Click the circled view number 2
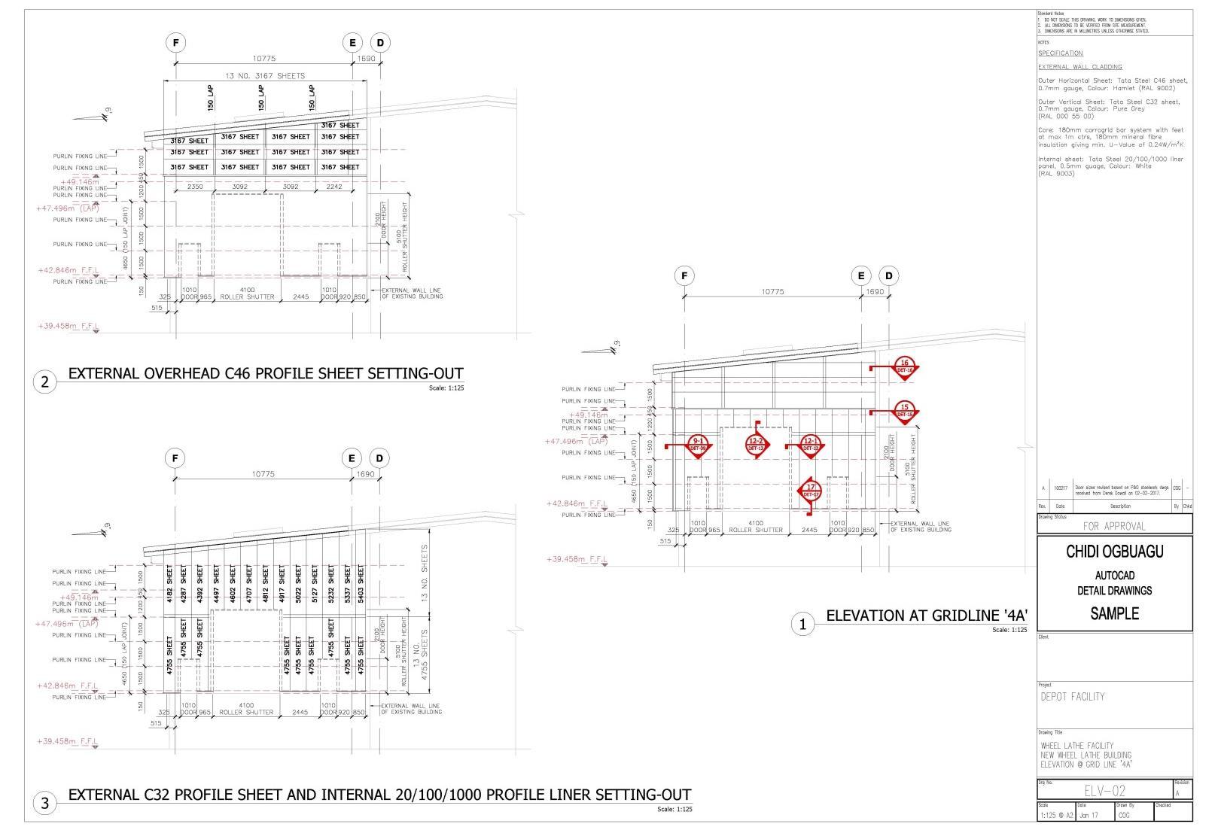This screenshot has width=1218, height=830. (44, 382)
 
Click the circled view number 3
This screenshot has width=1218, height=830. (44, 804)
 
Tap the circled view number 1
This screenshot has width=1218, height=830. (803, 624)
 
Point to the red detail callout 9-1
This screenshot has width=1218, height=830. (699, 444)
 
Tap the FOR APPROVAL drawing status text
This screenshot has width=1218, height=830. (1113, 526)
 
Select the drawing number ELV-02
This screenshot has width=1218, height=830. (1105, 791)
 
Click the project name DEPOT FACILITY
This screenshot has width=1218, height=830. (1073, 697)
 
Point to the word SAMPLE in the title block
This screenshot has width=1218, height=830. (1114, 613)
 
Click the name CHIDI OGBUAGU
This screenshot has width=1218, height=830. (1114, 552)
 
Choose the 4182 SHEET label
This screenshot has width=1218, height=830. (171, 585)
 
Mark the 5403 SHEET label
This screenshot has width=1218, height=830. (361, 585)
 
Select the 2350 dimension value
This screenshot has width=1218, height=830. (195, 187)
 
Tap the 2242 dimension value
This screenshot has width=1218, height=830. (334, 187)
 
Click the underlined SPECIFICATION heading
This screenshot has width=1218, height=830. (1060, 53)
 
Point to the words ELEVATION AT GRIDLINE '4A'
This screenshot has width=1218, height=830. (927, 616)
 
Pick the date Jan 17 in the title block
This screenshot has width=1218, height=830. (1088, 815)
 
